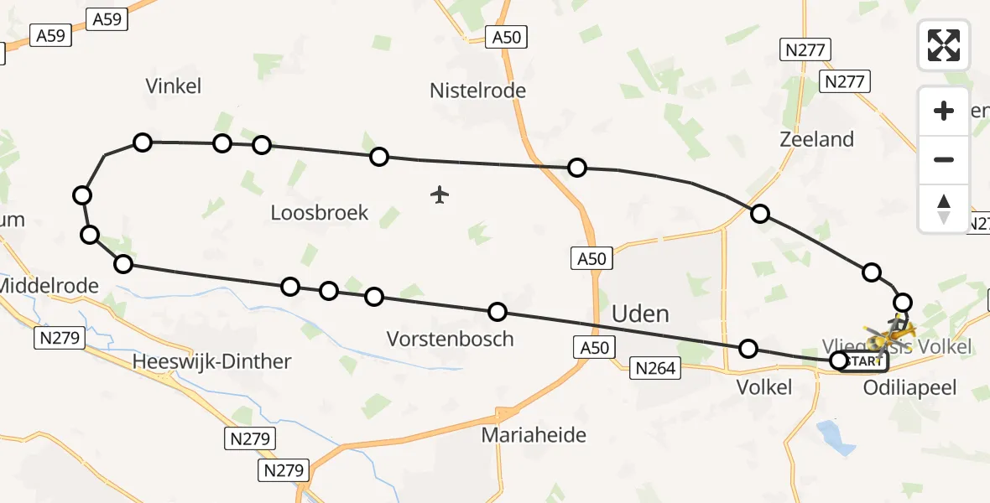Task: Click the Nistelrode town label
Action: (477, 91)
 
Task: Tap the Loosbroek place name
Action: (320, 213)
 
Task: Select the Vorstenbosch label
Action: (450, 339)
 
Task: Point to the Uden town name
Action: (641, 314)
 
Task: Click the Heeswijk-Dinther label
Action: (212, 362)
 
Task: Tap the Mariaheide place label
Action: (534, 435)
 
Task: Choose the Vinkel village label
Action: (174, 86)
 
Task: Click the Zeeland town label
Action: (816, 139)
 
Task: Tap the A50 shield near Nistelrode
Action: (507, 37)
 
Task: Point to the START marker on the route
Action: (864, 361)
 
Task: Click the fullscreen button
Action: (944, 45)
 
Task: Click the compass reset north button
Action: (944, 208)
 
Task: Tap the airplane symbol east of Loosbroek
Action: (440, 195)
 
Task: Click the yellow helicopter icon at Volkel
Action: (888, 335)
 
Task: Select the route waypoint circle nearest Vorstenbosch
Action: (498, 312)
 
